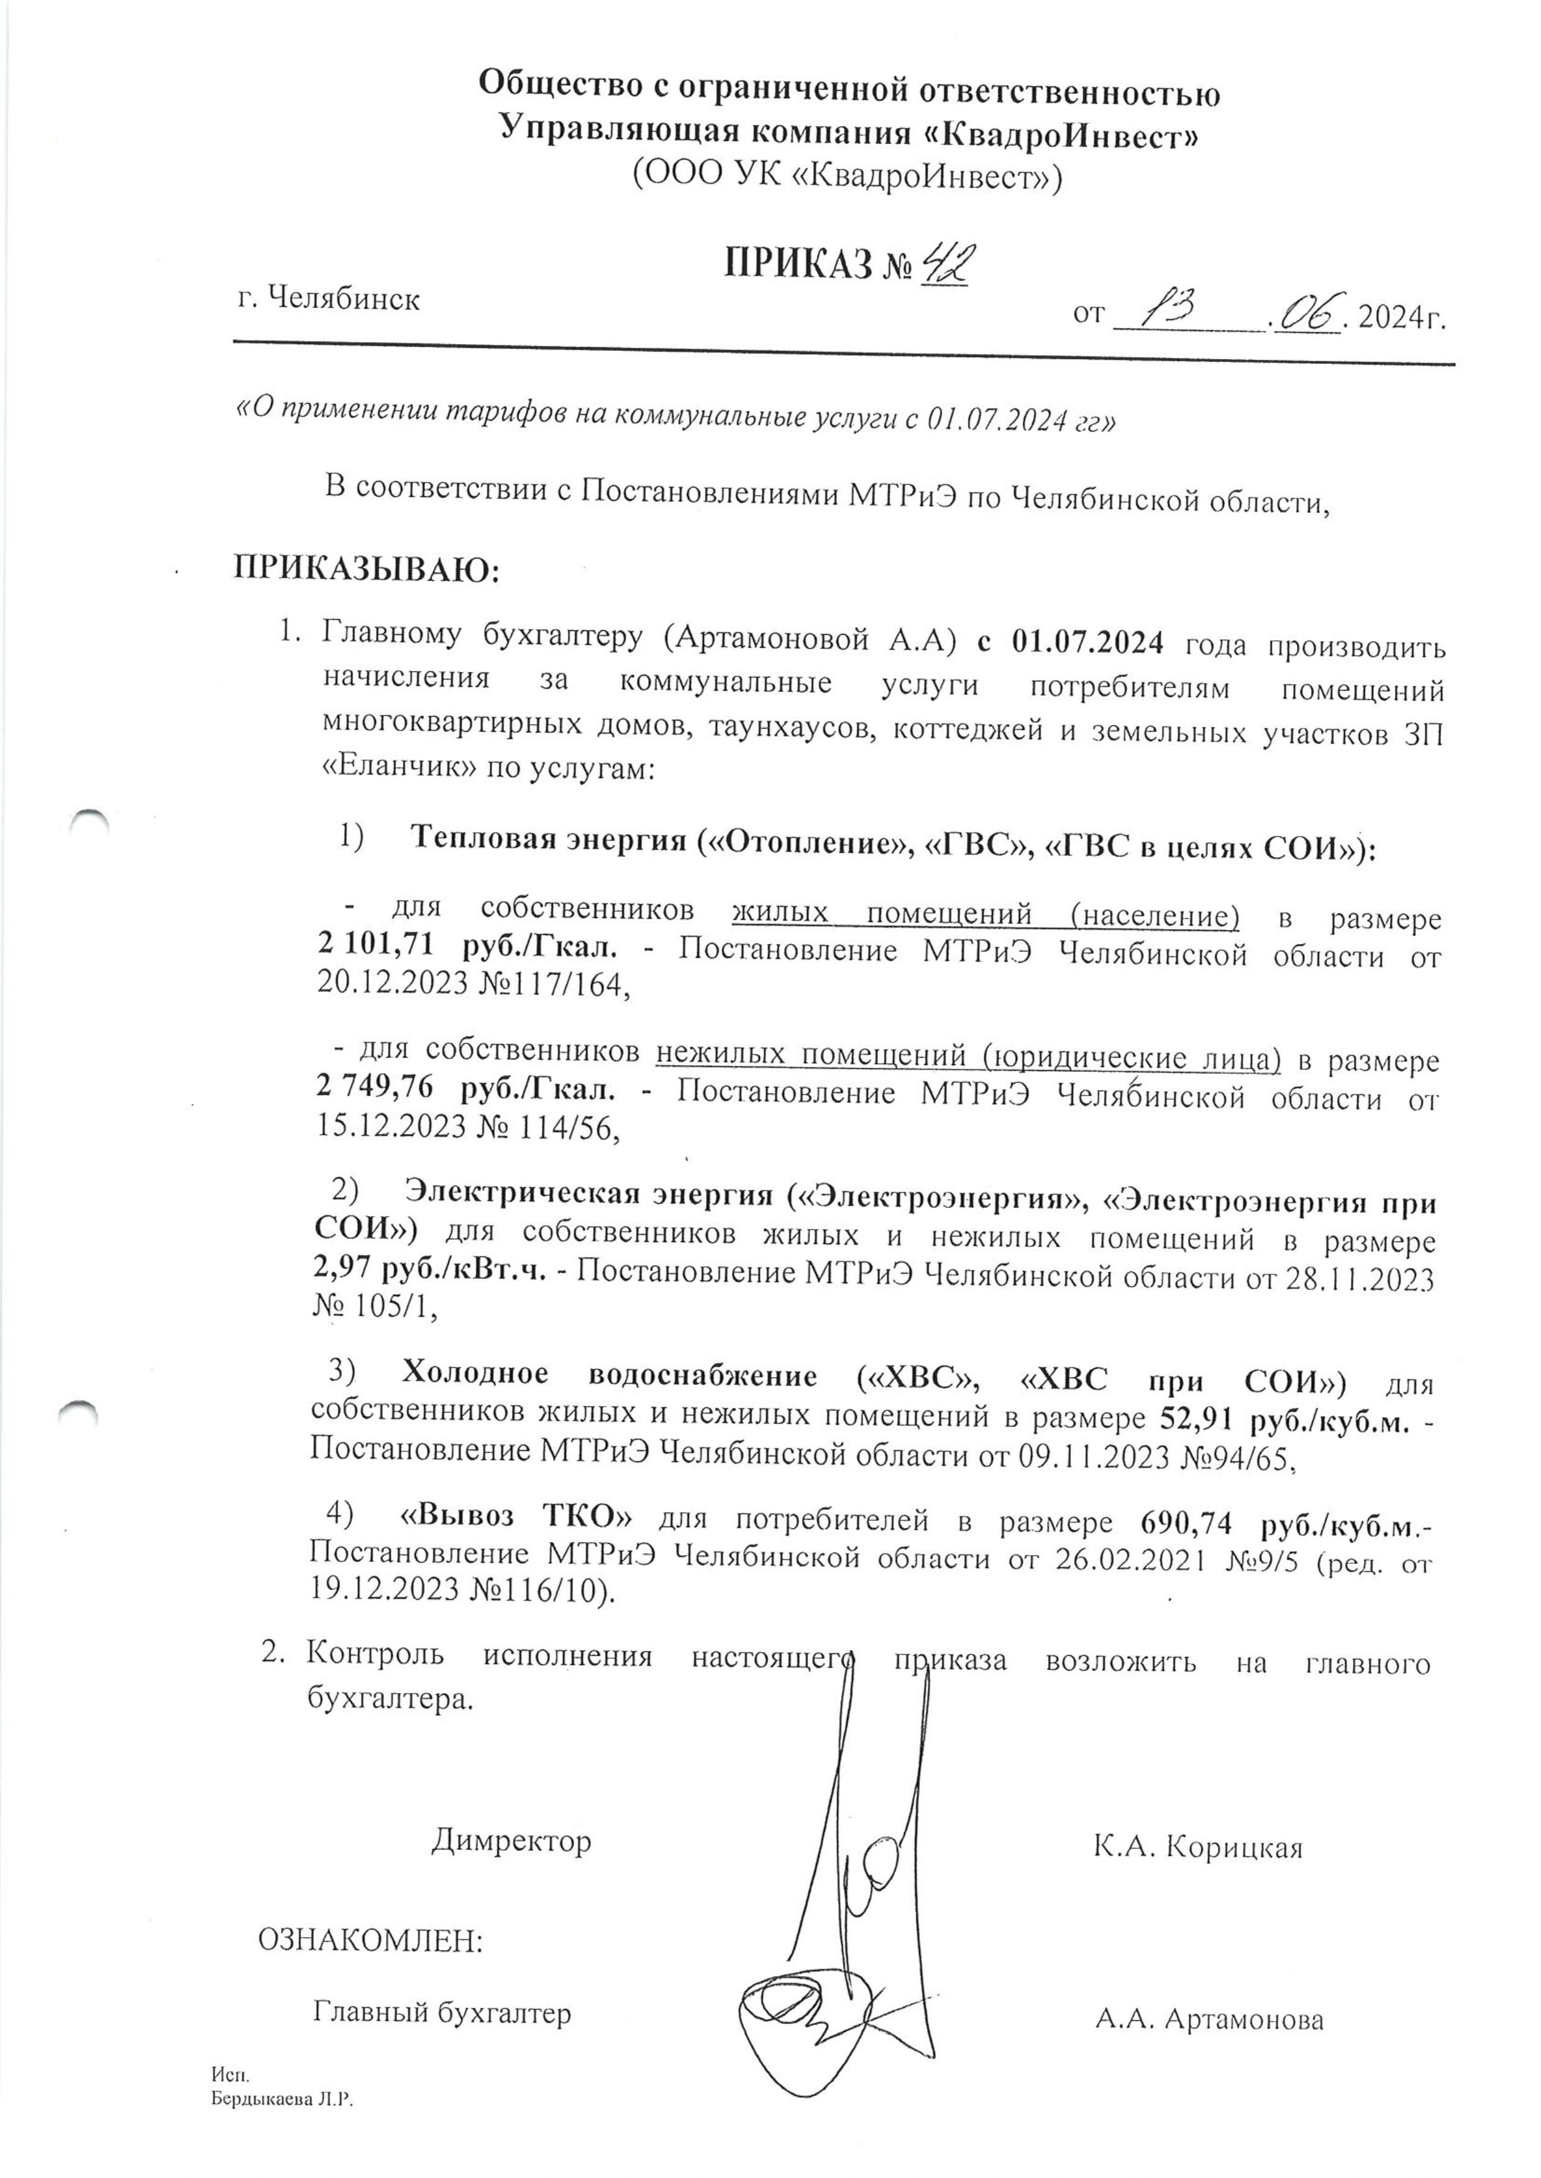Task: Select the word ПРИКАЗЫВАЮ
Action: (366, 570)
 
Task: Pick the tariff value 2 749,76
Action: (374, 1091)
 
